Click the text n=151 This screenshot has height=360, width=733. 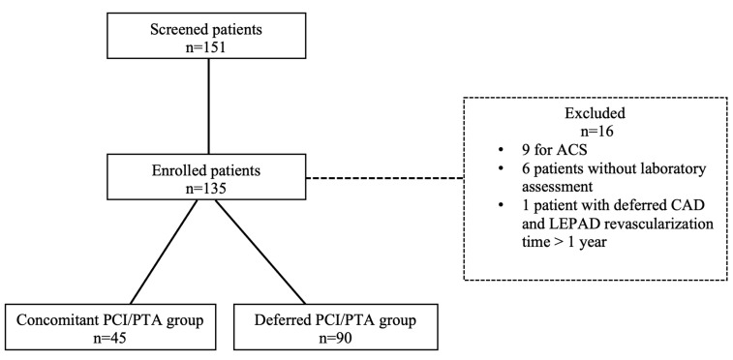(x=206, y=47)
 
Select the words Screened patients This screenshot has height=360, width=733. (x=206, y=30)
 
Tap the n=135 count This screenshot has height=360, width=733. (x=206, y=188)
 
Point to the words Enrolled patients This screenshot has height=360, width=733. (x=206, y=170)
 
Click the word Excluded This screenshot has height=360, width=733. (x=596, y=113)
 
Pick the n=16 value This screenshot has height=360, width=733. (x=596, y=132)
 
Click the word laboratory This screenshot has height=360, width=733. (x=672, y=168)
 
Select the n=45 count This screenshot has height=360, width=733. (x=110, y=339)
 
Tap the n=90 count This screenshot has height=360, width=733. (x=335, y=339)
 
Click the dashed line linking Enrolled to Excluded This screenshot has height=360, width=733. (x=384, y=178)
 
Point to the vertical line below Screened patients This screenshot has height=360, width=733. (x=208, y=107)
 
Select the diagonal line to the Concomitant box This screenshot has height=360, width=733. (x=164, y=252)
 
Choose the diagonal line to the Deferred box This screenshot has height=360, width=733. (x=260, y=252)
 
